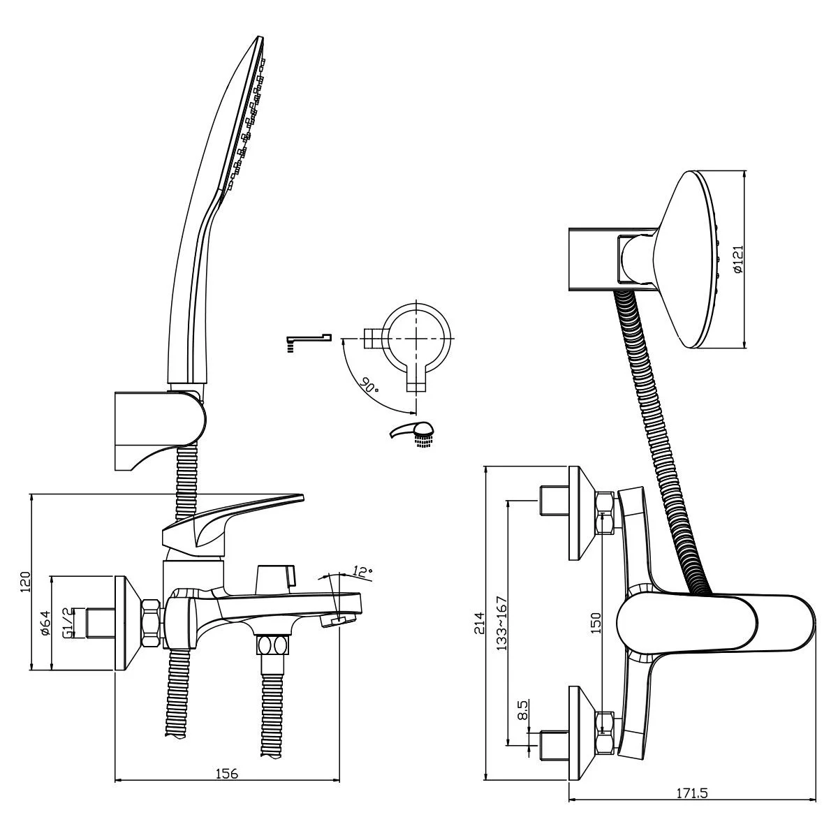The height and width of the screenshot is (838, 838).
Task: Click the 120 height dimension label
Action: coord(25,582)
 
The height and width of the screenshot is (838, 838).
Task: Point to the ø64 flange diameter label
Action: coord(45,622)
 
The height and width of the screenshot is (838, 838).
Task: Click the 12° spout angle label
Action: coord(362,570)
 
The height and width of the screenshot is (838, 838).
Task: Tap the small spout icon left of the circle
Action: coord(307,341)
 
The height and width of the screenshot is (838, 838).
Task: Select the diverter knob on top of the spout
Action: coord(275,577)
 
